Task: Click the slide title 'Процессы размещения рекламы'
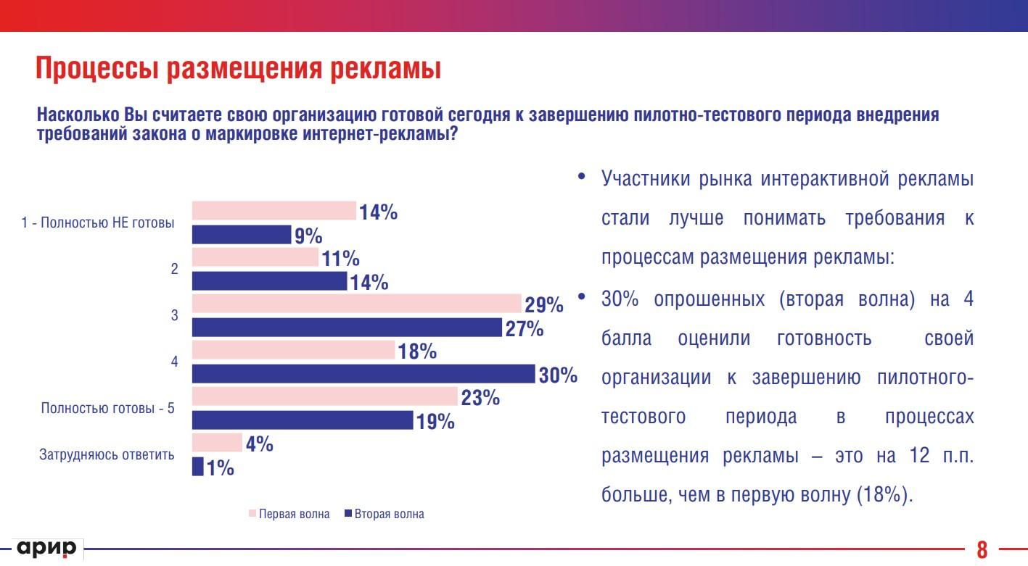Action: tap(239, 69)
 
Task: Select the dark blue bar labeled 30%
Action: tap(363, 374)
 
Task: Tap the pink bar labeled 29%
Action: tap(356, 304)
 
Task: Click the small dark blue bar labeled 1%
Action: tap(197, 467)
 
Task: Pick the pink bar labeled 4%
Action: tap(217, 443)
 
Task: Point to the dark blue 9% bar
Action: tap(241, 235)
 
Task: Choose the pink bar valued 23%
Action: tap(324, 397)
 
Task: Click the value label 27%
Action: tap(525, 328)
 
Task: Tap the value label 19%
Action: tap(435, 421)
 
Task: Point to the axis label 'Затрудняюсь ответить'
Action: tap(107, 455)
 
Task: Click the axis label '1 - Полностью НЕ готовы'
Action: tap(98, 223)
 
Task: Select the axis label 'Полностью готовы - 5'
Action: tap(108, 408)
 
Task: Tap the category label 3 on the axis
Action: tap(174, 315)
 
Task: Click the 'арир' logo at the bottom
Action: tap(47, 549)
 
